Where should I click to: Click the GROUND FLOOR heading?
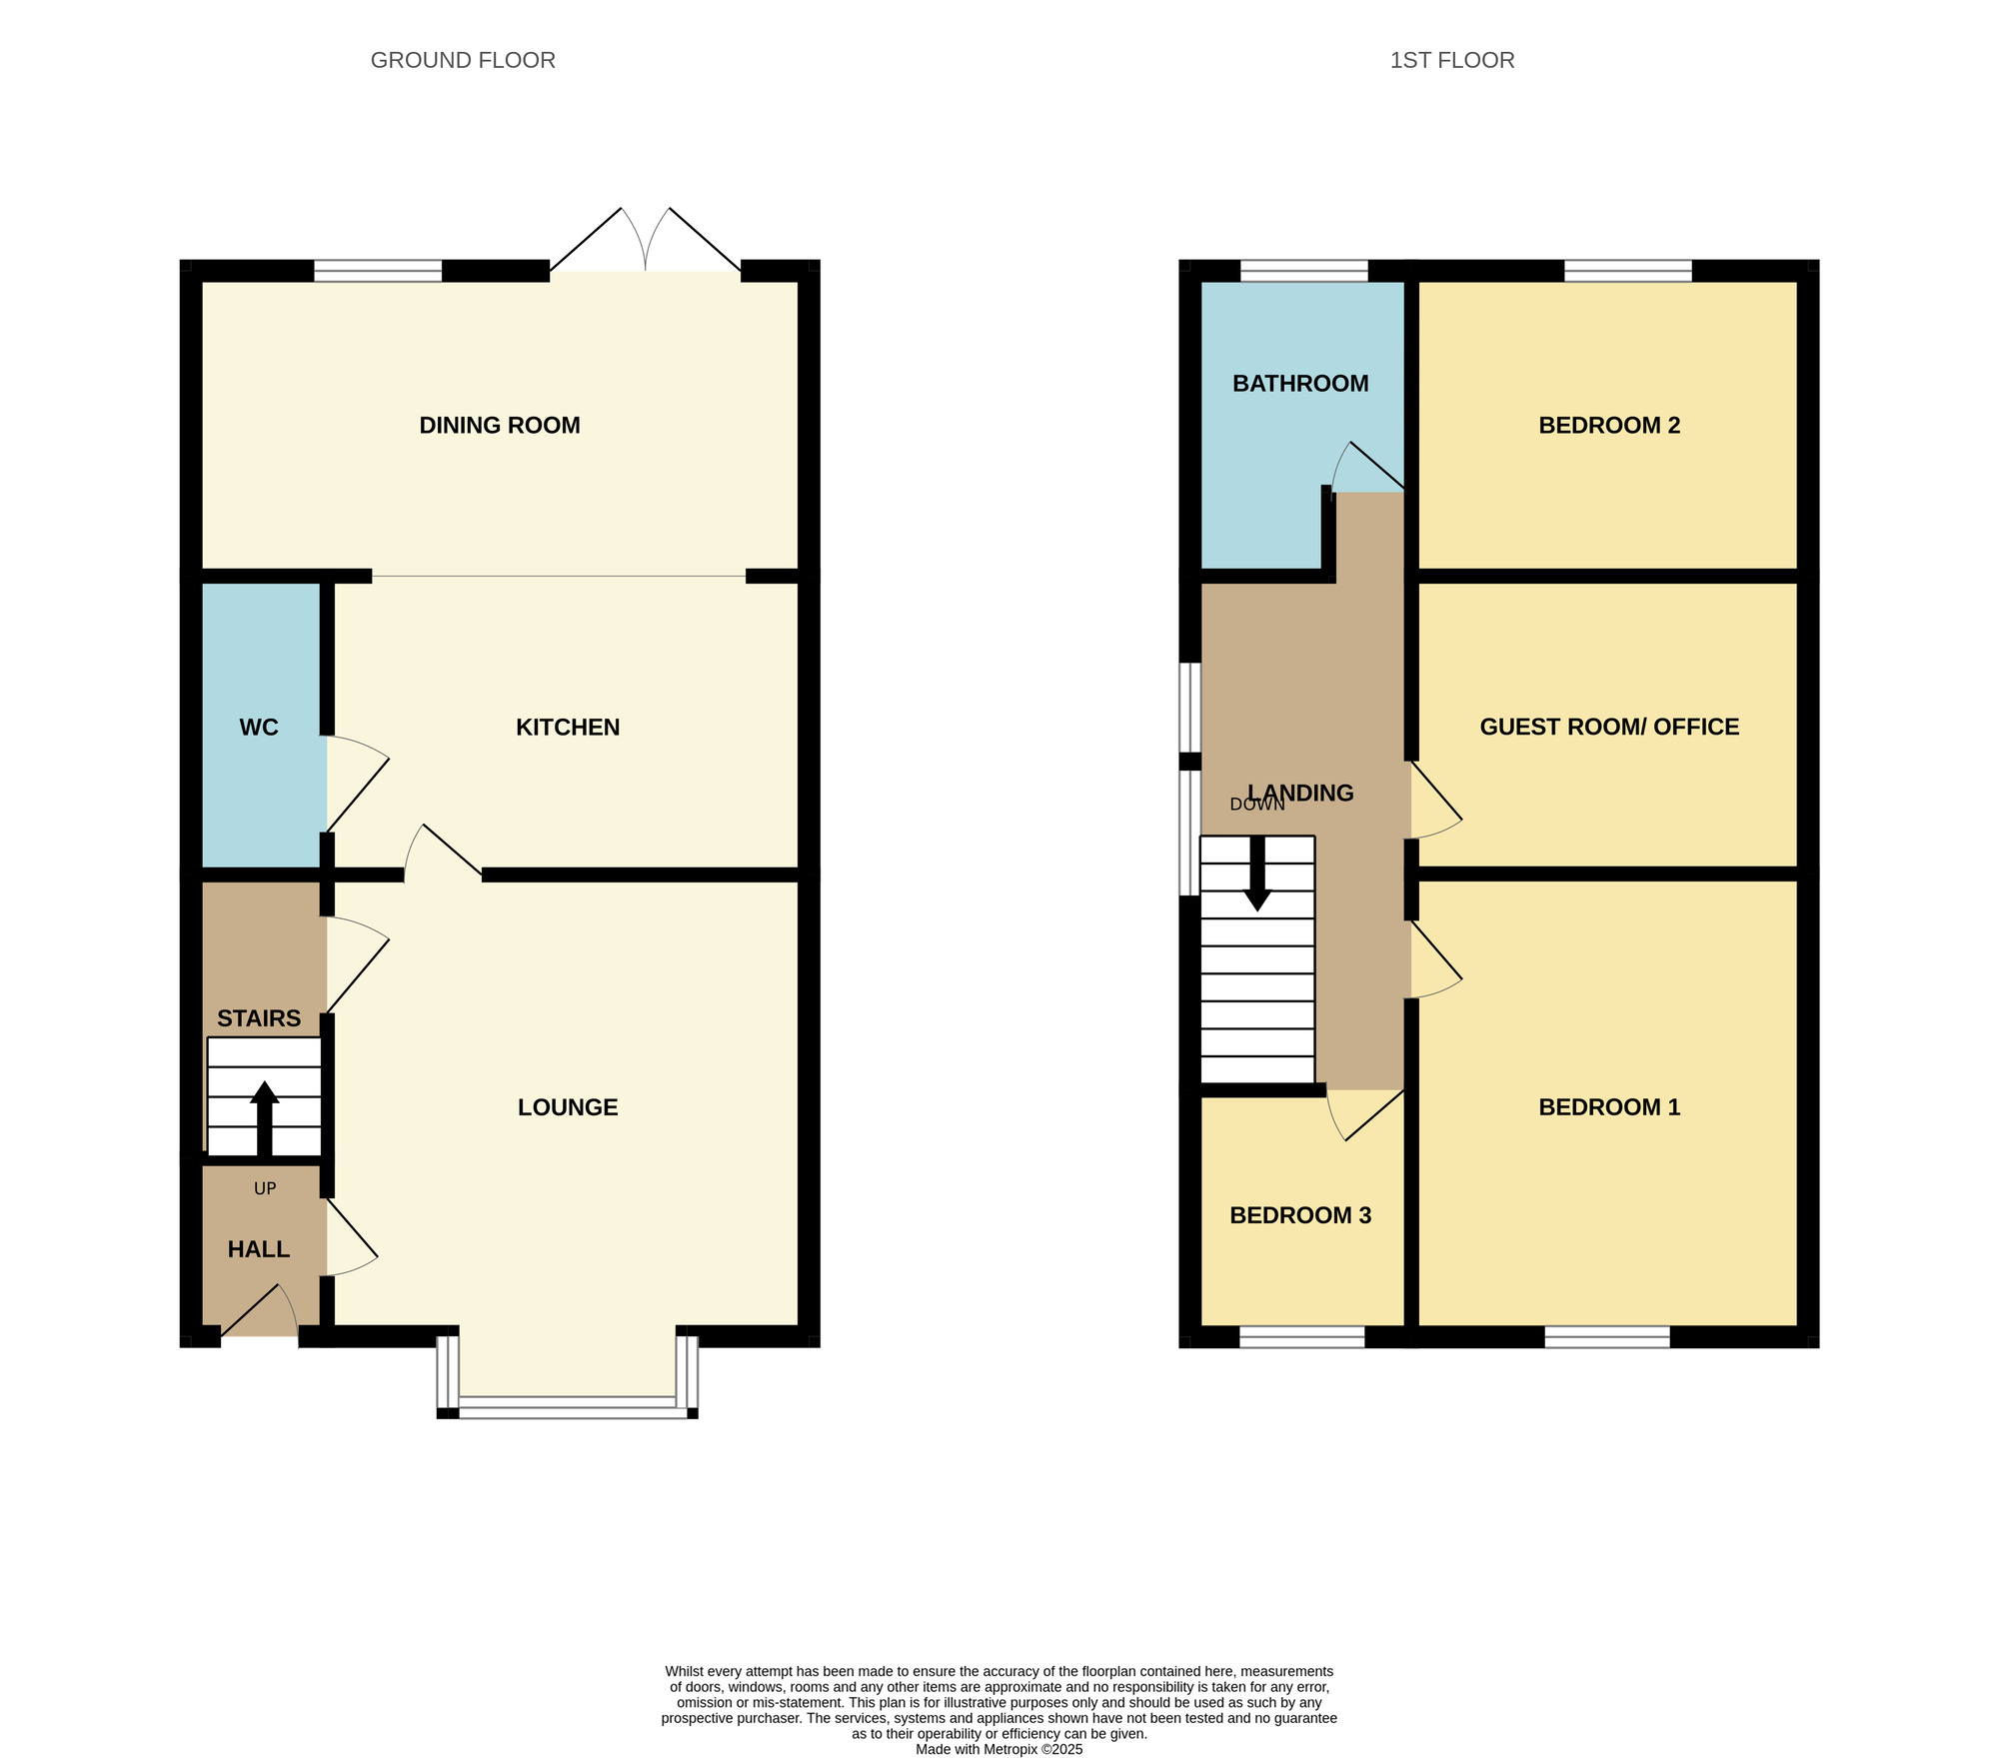tap(463, 60)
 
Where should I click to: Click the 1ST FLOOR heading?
tap(1452, 60)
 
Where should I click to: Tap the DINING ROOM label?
tap(500, 426)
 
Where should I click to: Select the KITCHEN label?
tap(568, 728)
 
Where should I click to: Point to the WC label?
tap(259, 728)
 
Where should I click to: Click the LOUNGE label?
tap(568, 1107)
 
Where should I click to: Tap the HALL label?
tap(259, 1249)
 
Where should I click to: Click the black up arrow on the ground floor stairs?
tap(265, 1118)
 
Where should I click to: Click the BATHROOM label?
tap(1300, 384)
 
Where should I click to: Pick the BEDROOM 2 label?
tap(1609, 426)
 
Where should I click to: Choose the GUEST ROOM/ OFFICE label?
tap(1609, 728)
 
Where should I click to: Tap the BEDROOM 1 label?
tap(1609, 1107)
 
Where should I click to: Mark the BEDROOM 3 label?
tap(1300, 1215)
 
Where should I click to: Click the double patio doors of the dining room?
tap(646, 240)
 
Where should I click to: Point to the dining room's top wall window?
tap(378, 271)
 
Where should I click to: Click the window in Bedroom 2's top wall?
tap(1628, 271)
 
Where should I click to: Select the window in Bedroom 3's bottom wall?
tap(1302, 1337)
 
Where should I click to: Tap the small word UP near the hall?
tap(265, 1188)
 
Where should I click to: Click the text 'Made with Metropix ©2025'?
tap(999, 1750)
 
